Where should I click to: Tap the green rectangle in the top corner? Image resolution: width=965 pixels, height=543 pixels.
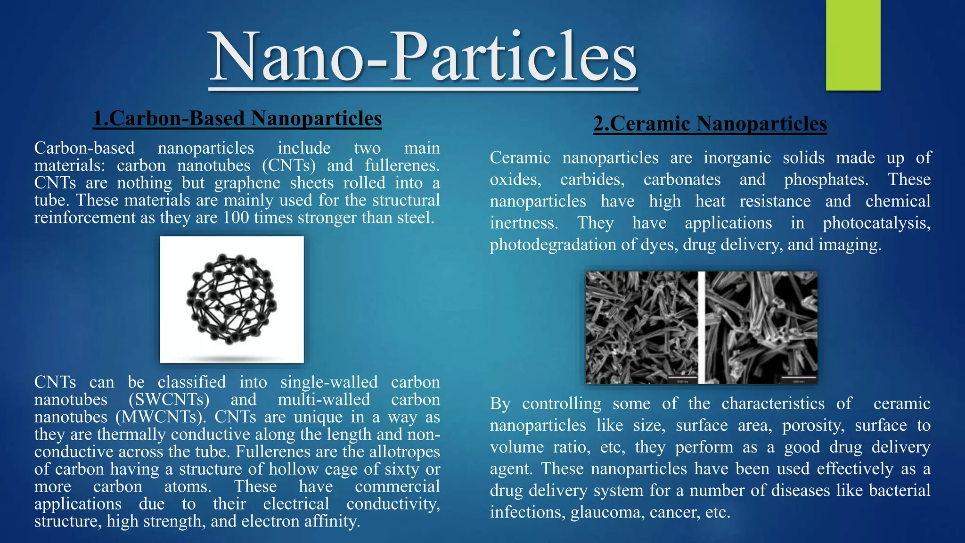tap(853, 45)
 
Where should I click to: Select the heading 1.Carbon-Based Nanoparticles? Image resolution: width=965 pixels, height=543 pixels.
tap(237, 118)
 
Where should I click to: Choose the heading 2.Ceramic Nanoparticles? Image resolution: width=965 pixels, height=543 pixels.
tap(710, 124)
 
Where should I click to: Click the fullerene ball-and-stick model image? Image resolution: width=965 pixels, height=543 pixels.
tap(232, 299)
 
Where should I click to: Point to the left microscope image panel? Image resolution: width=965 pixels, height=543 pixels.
tap(641, 328)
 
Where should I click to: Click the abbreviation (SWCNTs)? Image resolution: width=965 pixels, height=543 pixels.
tap(169, 400)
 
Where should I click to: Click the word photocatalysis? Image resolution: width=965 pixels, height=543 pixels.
tap(876, 223)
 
